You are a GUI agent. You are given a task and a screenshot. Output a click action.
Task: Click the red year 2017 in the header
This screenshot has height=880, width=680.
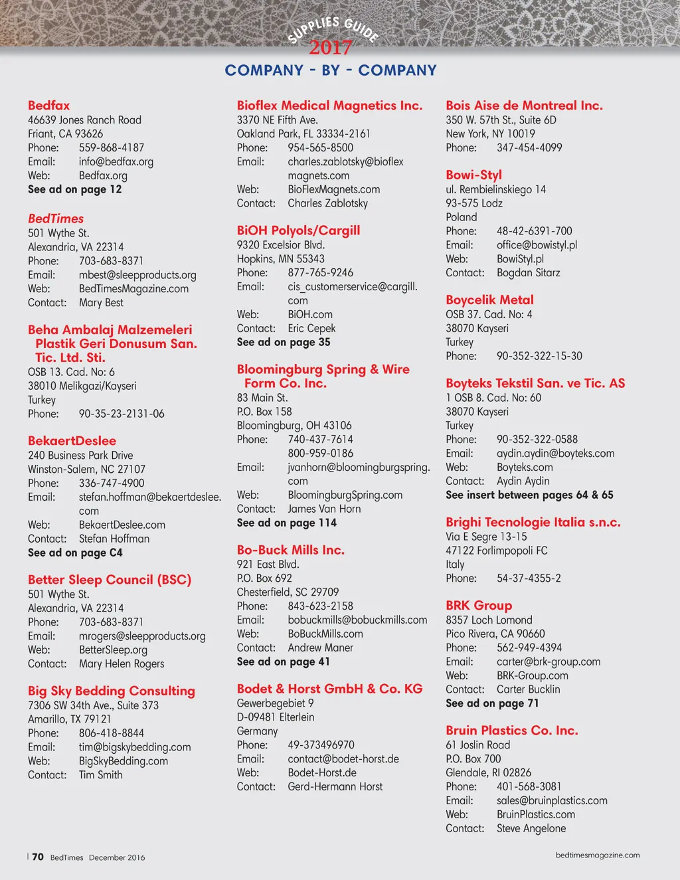(330, 48)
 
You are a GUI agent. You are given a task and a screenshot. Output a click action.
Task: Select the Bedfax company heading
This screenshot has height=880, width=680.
(48, 105)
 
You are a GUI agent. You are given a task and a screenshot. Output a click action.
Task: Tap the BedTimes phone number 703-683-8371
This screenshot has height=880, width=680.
(111, 261)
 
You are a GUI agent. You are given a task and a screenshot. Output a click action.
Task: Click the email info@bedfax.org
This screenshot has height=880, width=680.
(116, 161)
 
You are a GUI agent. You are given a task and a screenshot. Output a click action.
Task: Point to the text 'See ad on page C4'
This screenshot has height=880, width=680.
(75, 553)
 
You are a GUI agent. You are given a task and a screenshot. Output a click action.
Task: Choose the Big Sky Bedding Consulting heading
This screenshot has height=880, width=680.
(112, 691)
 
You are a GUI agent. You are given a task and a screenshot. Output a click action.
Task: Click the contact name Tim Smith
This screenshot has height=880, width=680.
(101, 774)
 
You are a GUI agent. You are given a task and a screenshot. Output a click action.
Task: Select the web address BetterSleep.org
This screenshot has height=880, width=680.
(113, 650)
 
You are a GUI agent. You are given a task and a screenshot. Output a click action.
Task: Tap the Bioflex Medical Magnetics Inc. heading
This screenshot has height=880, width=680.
(329, 105)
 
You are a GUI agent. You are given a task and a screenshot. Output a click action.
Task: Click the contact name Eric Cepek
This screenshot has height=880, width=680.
(311, 328)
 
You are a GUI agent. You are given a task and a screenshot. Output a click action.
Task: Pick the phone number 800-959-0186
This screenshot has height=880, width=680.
(320, 453)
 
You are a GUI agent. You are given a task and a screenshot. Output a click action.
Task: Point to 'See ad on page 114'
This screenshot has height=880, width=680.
(287, 523)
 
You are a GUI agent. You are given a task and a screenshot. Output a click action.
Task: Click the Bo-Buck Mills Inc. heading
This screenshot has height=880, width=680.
(290, 550)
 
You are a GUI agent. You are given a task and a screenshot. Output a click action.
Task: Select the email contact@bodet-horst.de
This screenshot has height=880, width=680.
(343, 758)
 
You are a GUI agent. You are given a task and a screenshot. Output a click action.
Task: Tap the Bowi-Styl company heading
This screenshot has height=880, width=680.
(473, 175)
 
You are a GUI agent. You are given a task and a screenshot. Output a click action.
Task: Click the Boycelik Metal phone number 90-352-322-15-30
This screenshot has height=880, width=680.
(539, 356)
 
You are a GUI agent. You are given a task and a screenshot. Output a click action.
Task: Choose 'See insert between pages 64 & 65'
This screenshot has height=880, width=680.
(529, 495)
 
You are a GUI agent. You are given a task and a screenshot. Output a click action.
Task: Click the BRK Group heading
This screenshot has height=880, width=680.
(479, 605)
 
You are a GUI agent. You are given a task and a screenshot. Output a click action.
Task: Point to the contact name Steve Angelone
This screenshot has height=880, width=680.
(531, 828)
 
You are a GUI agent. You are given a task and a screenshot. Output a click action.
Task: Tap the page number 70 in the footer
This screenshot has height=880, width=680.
(38, 857)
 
